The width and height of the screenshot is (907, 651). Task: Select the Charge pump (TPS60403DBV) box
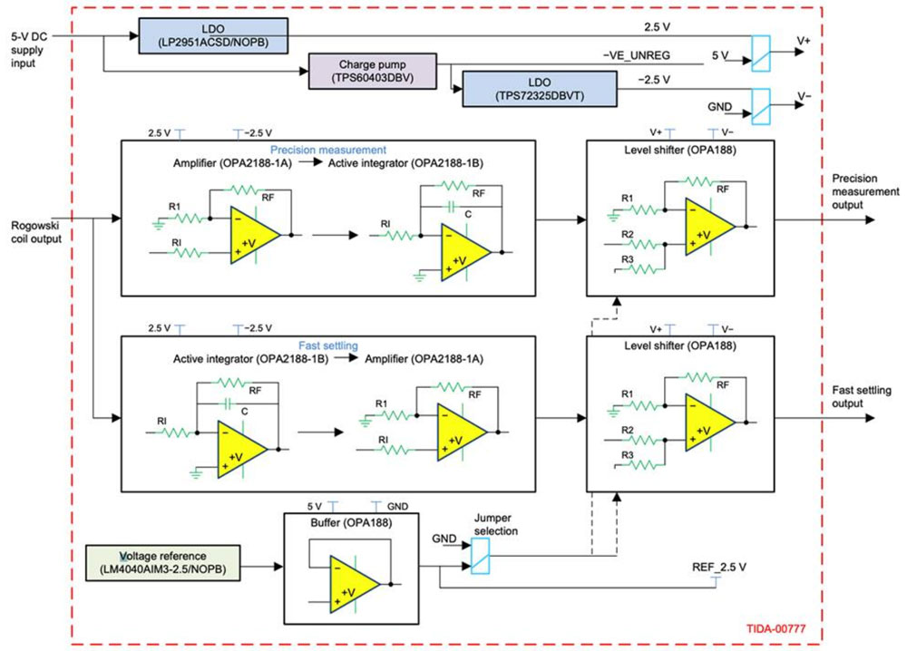pos(374,72)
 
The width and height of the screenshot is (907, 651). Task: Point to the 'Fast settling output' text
pos(862,396)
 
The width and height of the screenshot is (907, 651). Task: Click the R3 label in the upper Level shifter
pos(627,259)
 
